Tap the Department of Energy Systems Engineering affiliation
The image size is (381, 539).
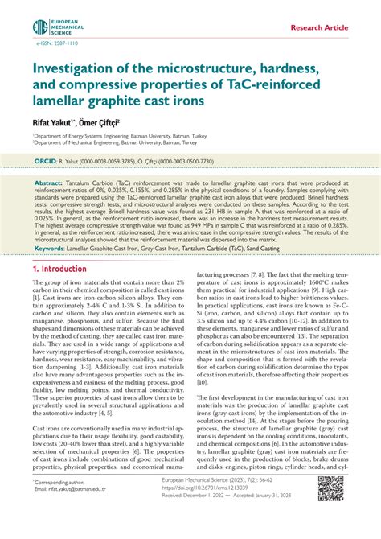113,138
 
